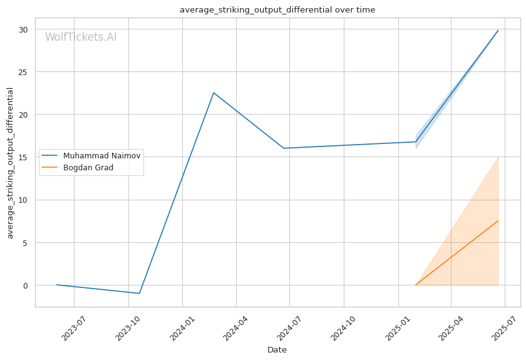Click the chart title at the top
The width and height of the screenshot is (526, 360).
point(277,10)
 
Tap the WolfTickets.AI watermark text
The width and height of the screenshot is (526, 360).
point(81,37)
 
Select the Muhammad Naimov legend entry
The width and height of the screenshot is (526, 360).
point(91,156)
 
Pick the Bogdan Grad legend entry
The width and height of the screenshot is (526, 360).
point(77,167)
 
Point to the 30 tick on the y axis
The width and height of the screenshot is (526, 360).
point(23,29)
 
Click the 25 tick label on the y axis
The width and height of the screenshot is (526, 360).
point(23,72)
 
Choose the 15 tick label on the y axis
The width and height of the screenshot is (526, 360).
point(23,157)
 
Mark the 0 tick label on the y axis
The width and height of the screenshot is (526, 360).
point(26,285)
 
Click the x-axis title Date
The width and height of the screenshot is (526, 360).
point(277,350)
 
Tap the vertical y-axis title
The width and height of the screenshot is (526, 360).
point(10,163)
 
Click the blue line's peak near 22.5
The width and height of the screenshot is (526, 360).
point(214,93)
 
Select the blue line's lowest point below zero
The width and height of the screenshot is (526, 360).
point(139,293)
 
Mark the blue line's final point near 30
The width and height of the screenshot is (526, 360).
point(498,31)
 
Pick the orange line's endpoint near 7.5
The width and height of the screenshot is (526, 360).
point(498,221)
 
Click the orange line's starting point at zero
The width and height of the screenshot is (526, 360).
point(416,285)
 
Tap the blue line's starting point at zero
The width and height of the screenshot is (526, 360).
point(57,285)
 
